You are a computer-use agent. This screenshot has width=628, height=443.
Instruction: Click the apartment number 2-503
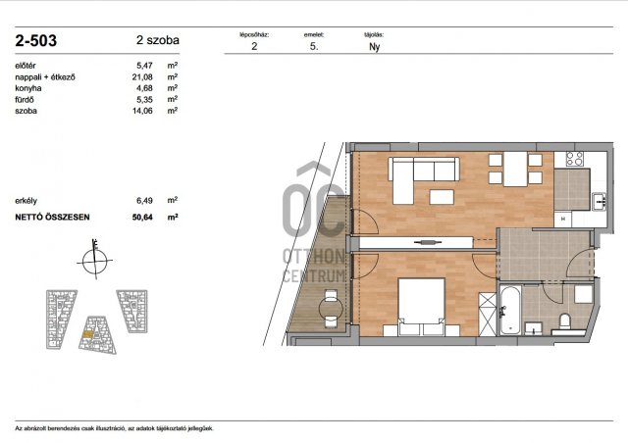(x=36, y=41)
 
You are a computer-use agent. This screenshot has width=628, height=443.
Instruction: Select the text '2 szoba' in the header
(x=158, y=40)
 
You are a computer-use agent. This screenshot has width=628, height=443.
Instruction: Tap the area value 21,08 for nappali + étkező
(x=142, y=76)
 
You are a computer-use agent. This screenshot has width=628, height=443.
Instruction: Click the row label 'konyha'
(x=28, y=88)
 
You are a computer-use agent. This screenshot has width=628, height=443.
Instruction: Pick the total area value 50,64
(x=142, y=218)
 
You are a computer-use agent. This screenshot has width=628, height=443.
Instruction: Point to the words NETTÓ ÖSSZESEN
(x=52, y=218)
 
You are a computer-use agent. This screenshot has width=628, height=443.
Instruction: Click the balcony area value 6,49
(x=144, y=201)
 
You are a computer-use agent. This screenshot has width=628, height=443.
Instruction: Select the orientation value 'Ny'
(x=374, y=46)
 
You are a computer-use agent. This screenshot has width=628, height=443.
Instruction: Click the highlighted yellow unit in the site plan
(x=87, y=334)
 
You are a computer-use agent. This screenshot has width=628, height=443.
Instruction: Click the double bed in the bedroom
(x=421, y=307)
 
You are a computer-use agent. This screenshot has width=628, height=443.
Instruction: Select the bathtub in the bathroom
(x=510, y=311)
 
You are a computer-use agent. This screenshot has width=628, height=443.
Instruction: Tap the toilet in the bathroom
(x=565, y=321)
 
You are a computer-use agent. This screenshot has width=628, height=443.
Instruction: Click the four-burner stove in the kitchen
(x=574, y=159)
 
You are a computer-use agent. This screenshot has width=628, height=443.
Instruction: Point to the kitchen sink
(x=600, y=201)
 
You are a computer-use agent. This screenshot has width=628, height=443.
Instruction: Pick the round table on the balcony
(x=331, y=308)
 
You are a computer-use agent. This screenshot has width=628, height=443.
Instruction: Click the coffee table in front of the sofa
(x=442, y=197)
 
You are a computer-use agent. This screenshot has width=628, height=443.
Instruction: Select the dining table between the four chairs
(x=515, y=170)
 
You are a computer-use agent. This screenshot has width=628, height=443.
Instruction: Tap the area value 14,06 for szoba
(x=142, y=111)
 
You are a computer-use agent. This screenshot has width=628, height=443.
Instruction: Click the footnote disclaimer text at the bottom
(x=115, y=428)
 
